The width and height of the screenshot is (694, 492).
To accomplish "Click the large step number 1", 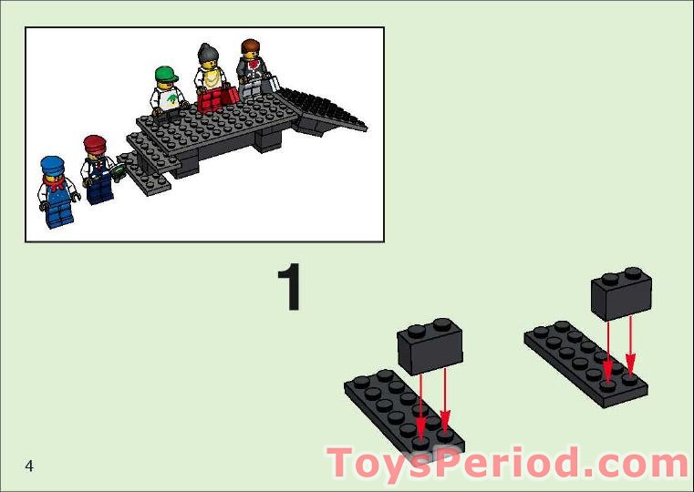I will pos(290,287).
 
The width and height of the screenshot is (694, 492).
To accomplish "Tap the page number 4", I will pos(29,466).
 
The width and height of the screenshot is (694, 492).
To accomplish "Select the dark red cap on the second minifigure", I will pos(95,142).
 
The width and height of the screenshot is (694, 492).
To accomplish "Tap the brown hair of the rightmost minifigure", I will pos(250,46).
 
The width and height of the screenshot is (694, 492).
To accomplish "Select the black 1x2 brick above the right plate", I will pos(622,292).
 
